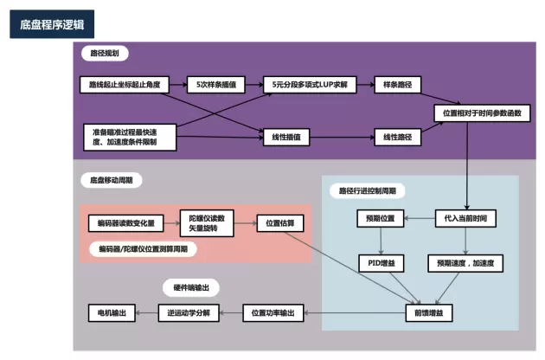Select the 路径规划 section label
(x=105, y=54)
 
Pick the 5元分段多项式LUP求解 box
(x=309, y=85)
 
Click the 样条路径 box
(x=396, y=85)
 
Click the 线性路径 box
(x=396, y=137)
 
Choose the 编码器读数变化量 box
(x=125, y=223)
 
